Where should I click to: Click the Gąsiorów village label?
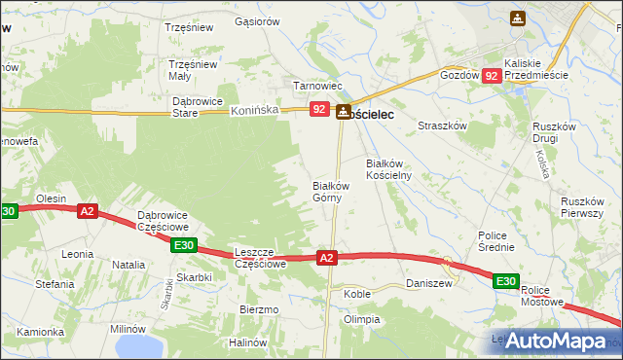257,21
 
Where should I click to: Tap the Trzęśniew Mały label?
192,71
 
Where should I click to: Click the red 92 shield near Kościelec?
319,111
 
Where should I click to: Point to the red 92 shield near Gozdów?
493,75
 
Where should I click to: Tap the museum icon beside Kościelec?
343,113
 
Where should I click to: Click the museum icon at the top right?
517,18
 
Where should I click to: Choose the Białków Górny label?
330,191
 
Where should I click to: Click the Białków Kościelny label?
389,169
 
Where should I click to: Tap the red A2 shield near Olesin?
88,210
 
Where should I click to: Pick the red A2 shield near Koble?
327,257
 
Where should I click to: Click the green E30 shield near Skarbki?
185,246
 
